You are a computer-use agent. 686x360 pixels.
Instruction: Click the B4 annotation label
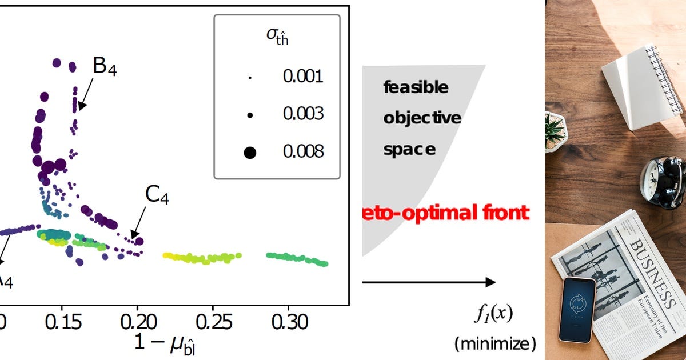click(x=105, y=68)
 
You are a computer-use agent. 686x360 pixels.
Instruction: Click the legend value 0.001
click(x=303, y=76)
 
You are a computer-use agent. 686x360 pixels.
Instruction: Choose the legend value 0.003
click(x=303, y=114)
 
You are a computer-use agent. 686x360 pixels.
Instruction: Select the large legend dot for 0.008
click(x=250, y=152)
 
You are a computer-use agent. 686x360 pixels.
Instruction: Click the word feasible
click(x=416, y=87)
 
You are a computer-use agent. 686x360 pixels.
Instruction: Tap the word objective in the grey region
click(x=422, y=118)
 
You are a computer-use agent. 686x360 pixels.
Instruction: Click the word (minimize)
click(x=495, y=344)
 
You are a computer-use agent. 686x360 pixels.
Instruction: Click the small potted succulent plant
click(x=555, y=132)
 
